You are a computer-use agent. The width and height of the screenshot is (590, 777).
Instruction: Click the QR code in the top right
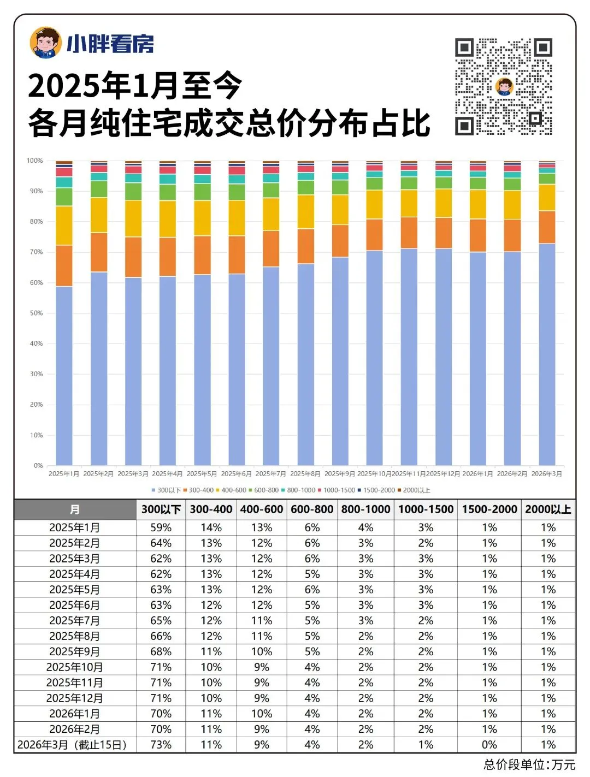pyautogui.click(x=503, y=86)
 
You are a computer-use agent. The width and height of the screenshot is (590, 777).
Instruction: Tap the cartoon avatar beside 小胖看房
pyautogui.click(x=45, y=42)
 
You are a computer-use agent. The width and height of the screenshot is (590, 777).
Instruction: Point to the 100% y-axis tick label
pyautogui.click(x=34, y=161)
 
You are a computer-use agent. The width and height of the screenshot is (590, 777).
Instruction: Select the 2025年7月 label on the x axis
pyautogui.click(x=270, y=473)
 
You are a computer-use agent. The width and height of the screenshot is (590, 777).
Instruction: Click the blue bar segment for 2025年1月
pyautogui.click(x=64, y=375)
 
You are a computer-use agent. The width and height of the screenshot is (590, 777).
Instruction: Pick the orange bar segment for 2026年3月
pyautogui.click(x=547, y=227)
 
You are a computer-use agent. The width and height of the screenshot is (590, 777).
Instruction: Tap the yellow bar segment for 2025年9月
pyautogui.click(x=340, y=210)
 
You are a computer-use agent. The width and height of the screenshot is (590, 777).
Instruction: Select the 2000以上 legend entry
pyautogui.click(x=416, y=490)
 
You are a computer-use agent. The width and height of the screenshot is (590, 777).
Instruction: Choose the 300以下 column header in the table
pyautogui.click(x=161, y=509)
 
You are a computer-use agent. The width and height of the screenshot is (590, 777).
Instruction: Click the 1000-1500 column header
pyautogui.click(x=426, y=509)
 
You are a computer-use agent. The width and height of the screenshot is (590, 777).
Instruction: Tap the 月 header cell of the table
pyautogui.click(x=75, y=509)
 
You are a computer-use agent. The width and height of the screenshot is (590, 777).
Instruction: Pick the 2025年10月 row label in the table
pyautogui.click(x=75, y=667)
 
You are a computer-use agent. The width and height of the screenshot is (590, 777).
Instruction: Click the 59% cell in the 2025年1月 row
pyautogui.click(x=161, y=527)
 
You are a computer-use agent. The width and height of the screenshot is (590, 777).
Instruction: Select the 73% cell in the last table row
pyautogui.click(x=161, y=745)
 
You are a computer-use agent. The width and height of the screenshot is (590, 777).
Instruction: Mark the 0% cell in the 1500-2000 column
pyautogui.click(x=489, y=745)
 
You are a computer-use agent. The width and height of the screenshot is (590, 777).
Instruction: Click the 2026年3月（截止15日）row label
pyautogui.click(x=72, y=745)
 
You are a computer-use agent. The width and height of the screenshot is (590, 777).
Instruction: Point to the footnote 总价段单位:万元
pyautogui.click(x=529, y=764)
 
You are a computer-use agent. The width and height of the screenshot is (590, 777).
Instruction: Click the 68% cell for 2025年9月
pyautogui.click(x=161, y=652)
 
